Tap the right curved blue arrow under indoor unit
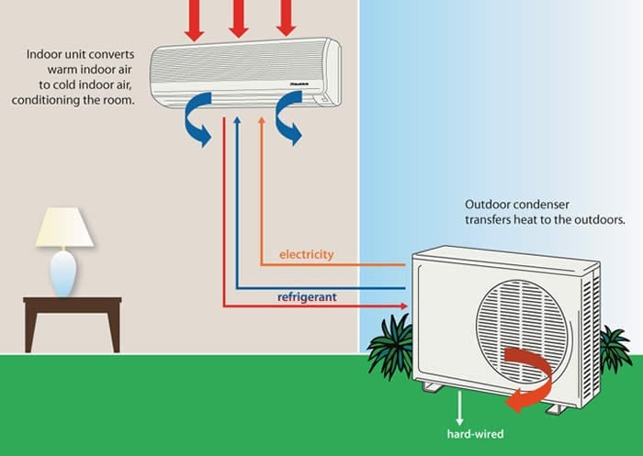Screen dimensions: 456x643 click(x=287, y=123)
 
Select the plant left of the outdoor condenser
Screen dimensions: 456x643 click(x=389, y=345)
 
